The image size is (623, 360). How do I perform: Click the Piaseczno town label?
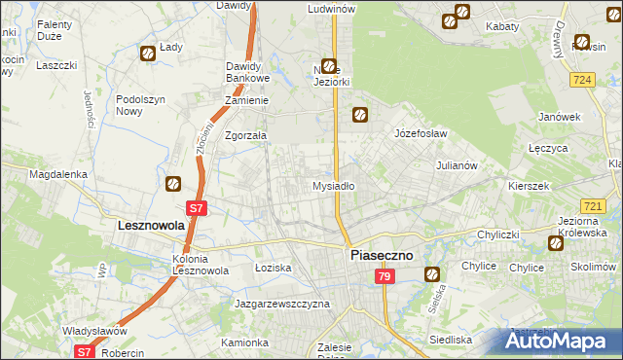click(x=381, y=254)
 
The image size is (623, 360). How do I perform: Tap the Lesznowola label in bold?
click(x=138, y=225)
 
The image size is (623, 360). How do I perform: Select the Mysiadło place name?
click(x=333, y=185)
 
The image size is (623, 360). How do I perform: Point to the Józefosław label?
click(x=420, y=132)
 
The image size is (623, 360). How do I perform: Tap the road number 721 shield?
click(x=592, y=206)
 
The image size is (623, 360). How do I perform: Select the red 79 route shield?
click(x=385, y=277)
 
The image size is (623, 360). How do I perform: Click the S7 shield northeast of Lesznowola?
click(x=197, y=207)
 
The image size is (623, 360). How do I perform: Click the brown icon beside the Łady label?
click(x=147, y=54)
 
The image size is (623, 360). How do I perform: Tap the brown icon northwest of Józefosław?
click(x=359, y=114)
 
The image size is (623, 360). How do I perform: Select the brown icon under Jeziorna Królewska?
click(x=555, y=243)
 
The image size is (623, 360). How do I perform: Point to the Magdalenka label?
click(x=58, y=174)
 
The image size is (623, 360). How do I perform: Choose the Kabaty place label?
click(x=502, y=26)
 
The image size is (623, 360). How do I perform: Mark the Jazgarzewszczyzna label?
click(x=282, y=304)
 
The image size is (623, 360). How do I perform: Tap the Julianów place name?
click(x=457, y=165)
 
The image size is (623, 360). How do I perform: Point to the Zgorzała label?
click(x=245, y=136)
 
